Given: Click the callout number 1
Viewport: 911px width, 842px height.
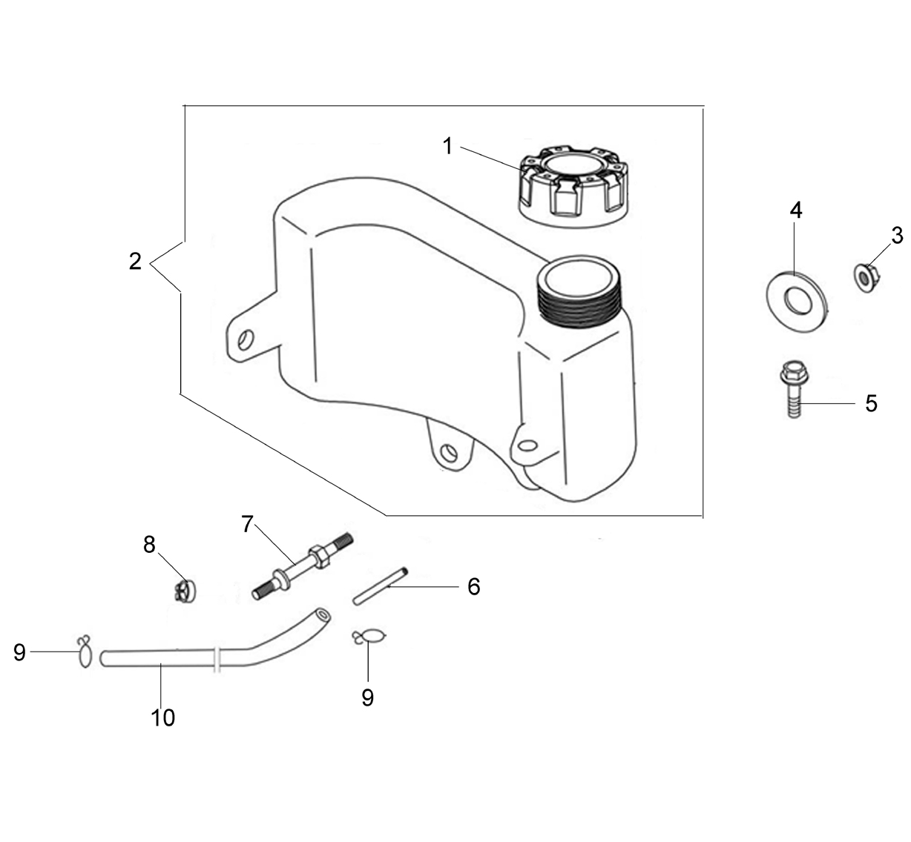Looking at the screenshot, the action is coord(447,146).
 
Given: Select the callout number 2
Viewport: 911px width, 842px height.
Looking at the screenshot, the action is coord(135,261).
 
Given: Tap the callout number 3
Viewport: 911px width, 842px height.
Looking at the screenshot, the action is coord(897,236).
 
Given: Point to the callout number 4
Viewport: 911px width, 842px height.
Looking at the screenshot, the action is coord(796,210).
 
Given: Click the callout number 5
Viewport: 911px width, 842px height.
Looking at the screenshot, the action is coord(871,403).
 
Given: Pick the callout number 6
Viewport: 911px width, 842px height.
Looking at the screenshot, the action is coord(474,586).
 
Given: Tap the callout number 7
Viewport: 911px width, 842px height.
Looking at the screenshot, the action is coord(247,524).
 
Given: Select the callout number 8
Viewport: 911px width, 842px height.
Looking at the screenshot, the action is coord(149,545).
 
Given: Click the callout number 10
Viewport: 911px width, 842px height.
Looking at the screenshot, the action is coord(163,717).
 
